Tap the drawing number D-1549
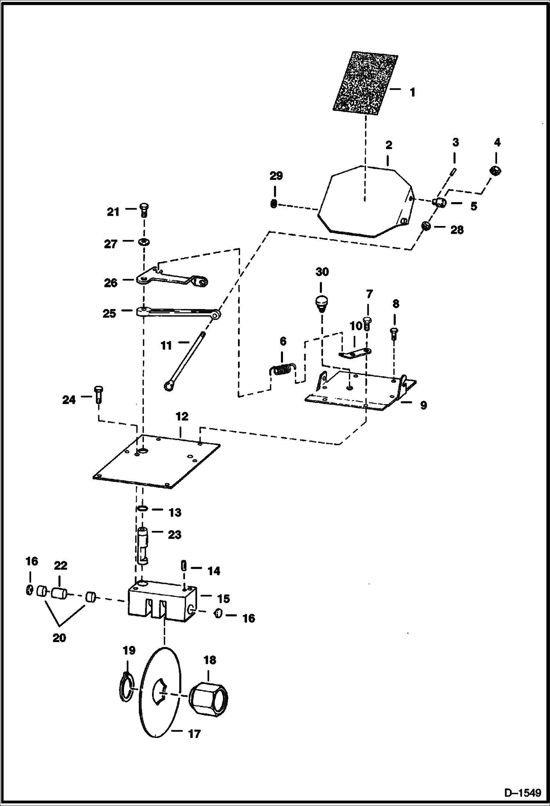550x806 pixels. click(522, 793)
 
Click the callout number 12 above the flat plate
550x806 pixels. click(182, 417)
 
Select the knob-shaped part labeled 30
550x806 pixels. click(322, 303)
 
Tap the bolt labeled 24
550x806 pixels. click(99, 395)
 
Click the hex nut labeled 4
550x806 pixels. click(496, 170)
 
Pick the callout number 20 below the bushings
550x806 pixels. click(59, 638)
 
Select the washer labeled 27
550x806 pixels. click(144, 242)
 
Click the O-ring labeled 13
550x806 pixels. click(142, 509)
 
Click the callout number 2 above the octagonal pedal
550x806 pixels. click(389, 145)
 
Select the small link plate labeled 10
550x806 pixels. click(354, 353)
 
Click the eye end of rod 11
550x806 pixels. click(169, 385)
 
